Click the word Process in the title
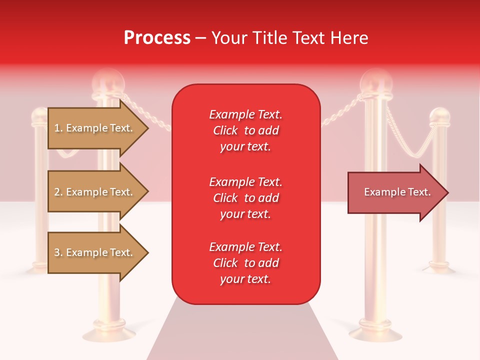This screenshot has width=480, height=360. point(157,38)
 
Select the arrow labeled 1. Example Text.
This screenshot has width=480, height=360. point(95,128)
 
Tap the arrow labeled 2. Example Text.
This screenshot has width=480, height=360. point(95,192)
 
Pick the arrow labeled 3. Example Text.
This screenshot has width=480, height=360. point(95,252)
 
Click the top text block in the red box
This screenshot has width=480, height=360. point(245,130)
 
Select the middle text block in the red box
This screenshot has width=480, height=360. point(245,198)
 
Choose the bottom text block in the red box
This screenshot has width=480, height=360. point(245,263)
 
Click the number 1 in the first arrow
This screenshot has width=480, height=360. point(56,128)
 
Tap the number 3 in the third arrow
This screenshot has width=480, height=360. point(57,252)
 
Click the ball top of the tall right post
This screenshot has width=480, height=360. point(376,80)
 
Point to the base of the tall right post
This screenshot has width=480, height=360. point(375,332)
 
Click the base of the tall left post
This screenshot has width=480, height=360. point(108,332)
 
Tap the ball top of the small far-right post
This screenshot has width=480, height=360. point(440,116)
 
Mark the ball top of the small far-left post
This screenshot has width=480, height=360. point(39,116)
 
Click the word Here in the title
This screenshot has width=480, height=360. point(352,38)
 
